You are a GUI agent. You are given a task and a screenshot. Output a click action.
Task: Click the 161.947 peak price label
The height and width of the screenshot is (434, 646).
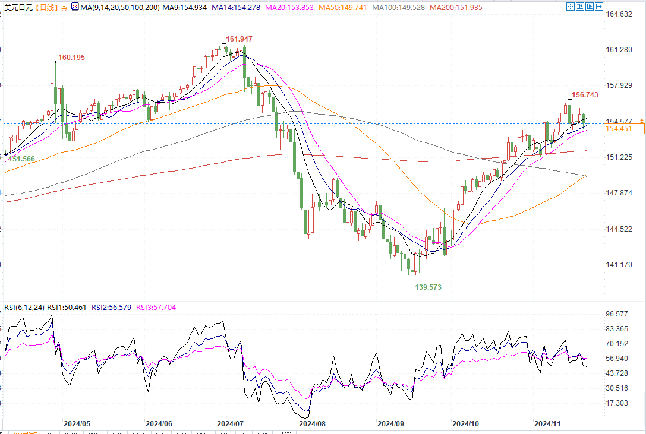pyautogui.click(x=240, y=39)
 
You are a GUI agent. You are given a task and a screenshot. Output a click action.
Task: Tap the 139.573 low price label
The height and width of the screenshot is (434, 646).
pyautogui.click(x=428, y=287)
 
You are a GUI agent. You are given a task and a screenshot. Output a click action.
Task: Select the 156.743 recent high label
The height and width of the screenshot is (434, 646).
pyautogui.click(x=585, y=95)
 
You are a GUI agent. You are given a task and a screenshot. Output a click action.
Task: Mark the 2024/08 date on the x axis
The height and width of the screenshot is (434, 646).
pyautogui.click(x=313, y=424)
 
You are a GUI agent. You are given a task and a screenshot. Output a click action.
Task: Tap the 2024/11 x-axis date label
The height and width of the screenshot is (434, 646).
pyautogui.click(x=548, y=424)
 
